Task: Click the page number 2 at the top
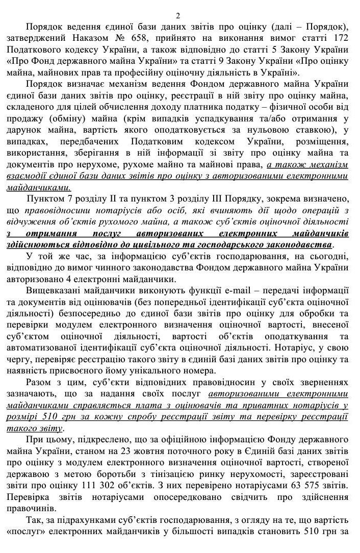(178, 16)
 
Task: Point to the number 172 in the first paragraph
(339, 38)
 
